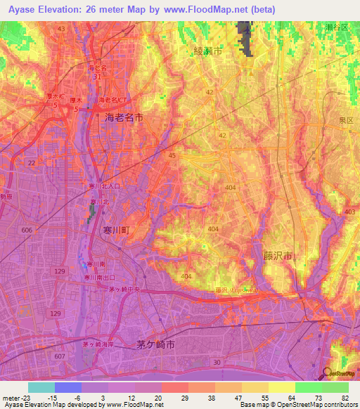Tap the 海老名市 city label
coord(124,118)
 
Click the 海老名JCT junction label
coord(113,100)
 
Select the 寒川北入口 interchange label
coord(104,186)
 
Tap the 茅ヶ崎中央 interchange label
coord(128,287)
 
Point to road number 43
coord(61,28)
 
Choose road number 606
coord(27,231)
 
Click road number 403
coord(350,212)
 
